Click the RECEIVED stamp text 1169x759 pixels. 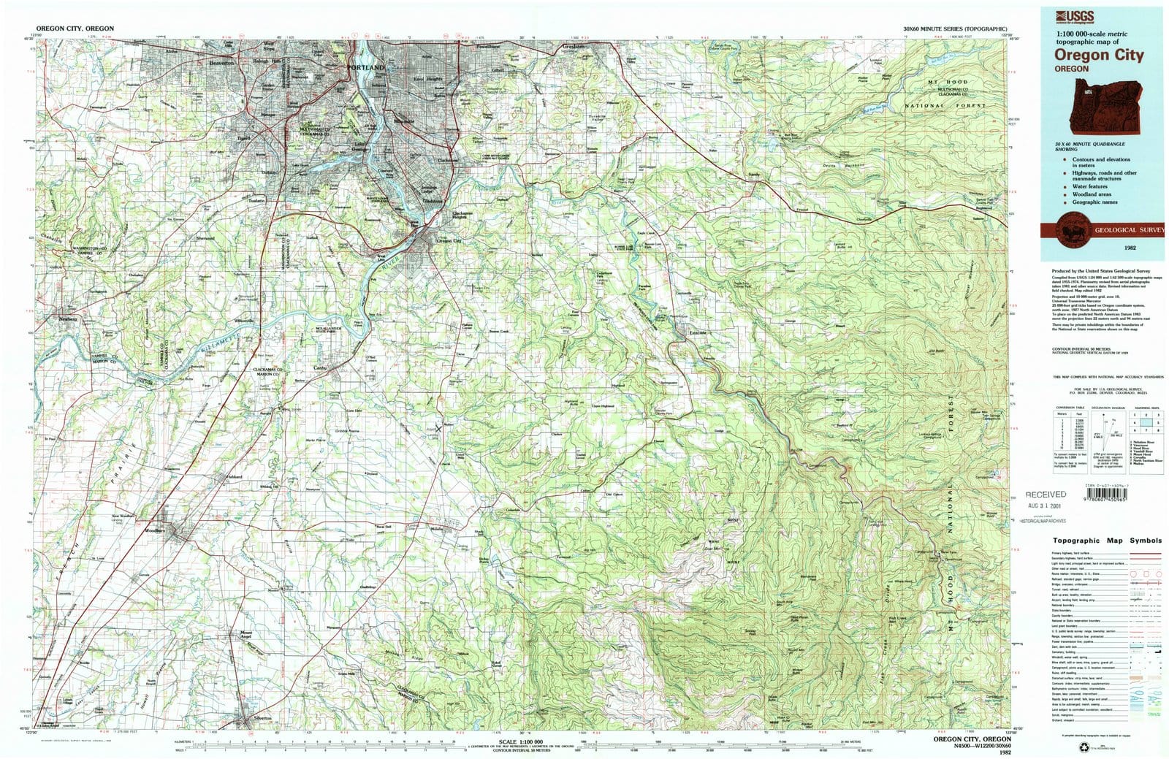tap(1045, 495)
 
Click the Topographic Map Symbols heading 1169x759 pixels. tap(1107, 541)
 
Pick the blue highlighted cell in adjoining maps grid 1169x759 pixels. tap(1145, 422)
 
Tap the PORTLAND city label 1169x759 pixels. tap(365, 67)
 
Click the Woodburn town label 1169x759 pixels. tap(156, 530)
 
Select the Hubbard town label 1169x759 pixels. tap(233, 477)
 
